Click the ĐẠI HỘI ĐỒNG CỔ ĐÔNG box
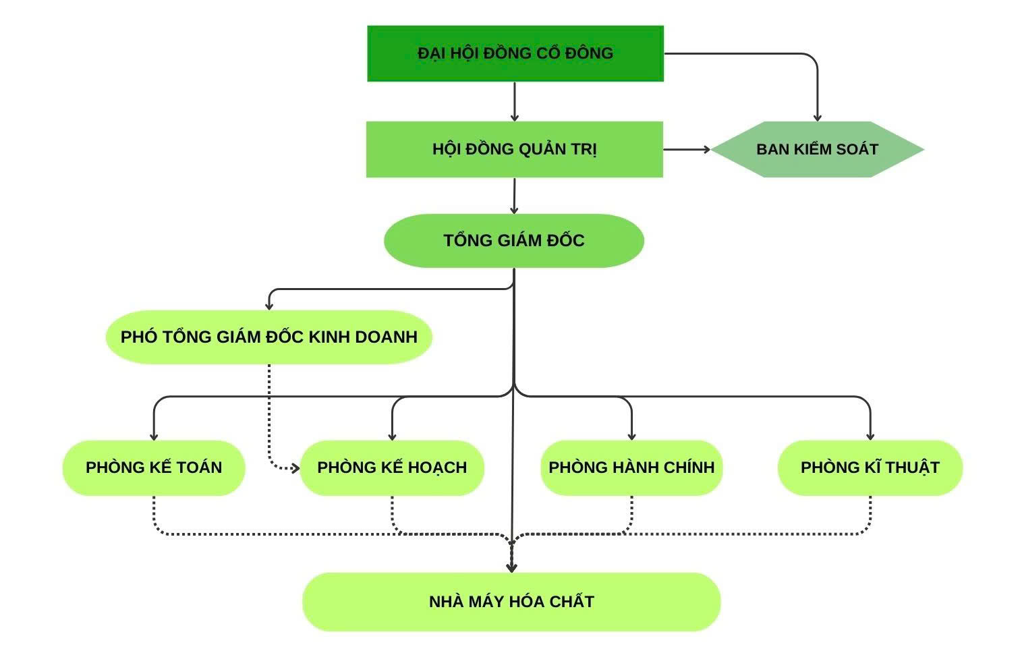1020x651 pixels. (515, 54)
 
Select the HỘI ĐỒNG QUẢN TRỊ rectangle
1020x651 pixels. (515, 150)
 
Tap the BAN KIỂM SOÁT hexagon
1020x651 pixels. (817, 150)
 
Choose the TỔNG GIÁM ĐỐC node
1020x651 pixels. (514, 241)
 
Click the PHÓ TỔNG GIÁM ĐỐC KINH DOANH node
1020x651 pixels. (268, 337)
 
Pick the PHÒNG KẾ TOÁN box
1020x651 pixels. (154, 468)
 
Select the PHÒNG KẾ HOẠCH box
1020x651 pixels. (392, 468)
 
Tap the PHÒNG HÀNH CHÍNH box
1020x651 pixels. (631, 468)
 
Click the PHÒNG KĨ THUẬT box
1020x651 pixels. (870, 468)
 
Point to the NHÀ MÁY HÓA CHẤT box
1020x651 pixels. (511, 602)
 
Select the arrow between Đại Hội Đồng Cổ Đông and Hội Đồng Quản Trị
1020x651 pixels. (515, 101)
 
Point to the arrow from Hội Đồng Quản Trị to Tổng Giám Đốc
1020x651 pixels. (514, 196)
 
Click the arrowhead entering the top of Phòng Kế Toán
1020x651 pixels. (154, 436)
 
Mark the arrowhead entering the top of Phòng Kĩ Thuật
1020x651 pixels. (870, 436)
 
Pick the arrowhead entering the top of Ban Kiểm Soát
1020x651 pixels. (818, 117)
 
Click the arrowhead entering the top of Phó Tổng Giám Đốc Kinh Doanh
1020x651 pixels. (269, 306)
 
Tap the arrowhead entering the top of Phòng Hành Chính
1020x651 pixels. (631, 436)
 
